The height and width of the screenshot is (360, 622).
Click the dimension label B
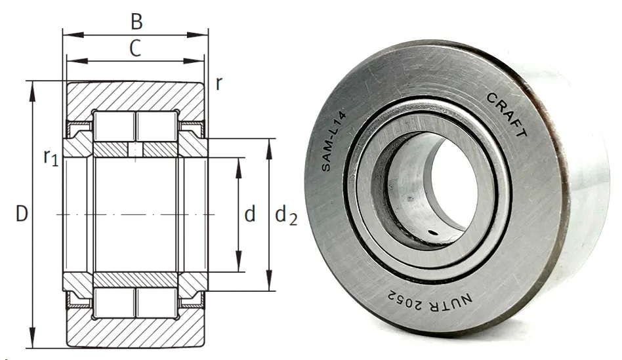point(136,21)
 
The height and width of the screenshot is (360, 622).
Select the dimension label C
point(135,49)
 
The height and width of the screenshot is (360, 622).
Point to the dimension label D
point(22,214)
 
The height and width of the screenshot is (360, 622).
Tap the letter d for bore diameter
point(249,214)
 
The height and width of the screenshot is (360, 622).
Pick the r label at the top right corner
point(218,83)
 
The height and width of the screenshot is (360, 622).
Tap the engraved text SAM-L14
point(334,140)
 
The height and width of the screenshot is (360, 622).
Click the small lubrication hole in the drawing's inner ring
point(135,150)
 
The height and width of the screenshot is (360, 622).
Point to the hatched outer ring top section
point(135,96)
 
